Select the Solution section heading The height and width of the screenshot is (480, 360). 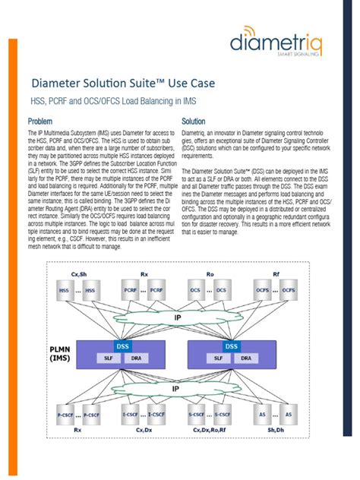(195, 122)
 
